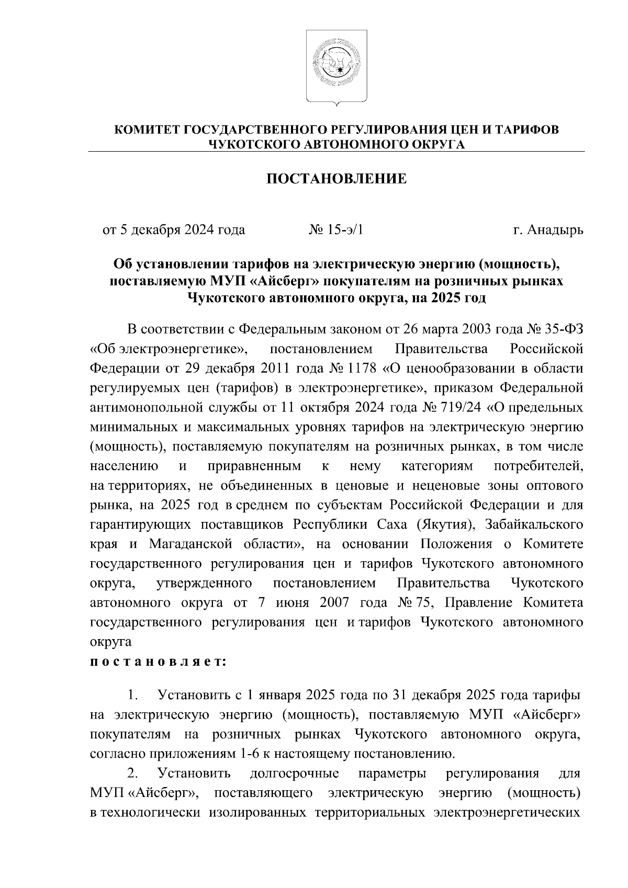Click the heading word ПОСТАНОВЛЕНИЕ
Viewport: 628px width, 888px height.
[x=337, y=179]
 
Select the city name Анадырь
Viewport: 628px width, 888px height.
[x=555, y=230]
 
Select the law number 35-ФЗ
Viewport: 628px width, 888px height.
[x=563, y=329]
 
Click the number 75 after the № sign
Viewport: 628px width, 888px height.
[x=422, y=602]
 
